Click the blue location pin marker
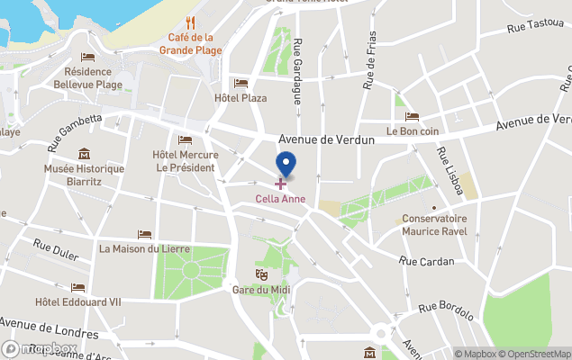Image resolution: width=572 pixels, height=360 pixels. click(286, 165)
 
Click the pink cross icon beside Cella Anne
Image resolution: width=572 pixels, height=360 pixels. click(280, 184)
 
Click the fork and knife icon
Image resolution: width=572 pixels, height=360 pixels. click(189, 23)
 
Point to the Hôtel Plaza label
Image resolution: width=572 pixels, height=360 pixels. click(241, 98)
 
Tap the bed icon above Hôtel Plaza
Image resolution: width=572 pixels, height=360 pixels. click(240, 83)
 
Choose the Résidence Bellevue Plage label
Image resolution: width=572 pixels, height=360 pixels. click(88, 77)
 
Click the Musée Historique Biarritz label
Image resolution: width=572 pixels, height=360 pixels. click(85, 174)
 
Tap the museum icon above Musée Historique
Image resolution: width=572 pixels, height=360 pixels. click(85, 154)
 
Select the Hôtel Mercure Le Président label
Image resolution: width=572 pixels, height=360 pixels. click(185, 161)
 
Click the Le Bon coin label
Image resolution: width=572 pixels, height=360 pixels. click(412, 130)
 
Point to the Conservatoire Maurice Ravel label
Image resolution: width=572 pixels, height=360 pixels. click(434, 224)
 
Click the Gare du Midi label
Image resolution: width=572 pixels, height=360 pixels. click(261, 289)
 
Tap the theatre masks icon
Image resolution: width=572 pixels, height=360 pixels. click(261, 274)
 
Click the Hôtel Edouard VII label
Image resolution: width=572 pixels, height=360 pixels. click(77, 301)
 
